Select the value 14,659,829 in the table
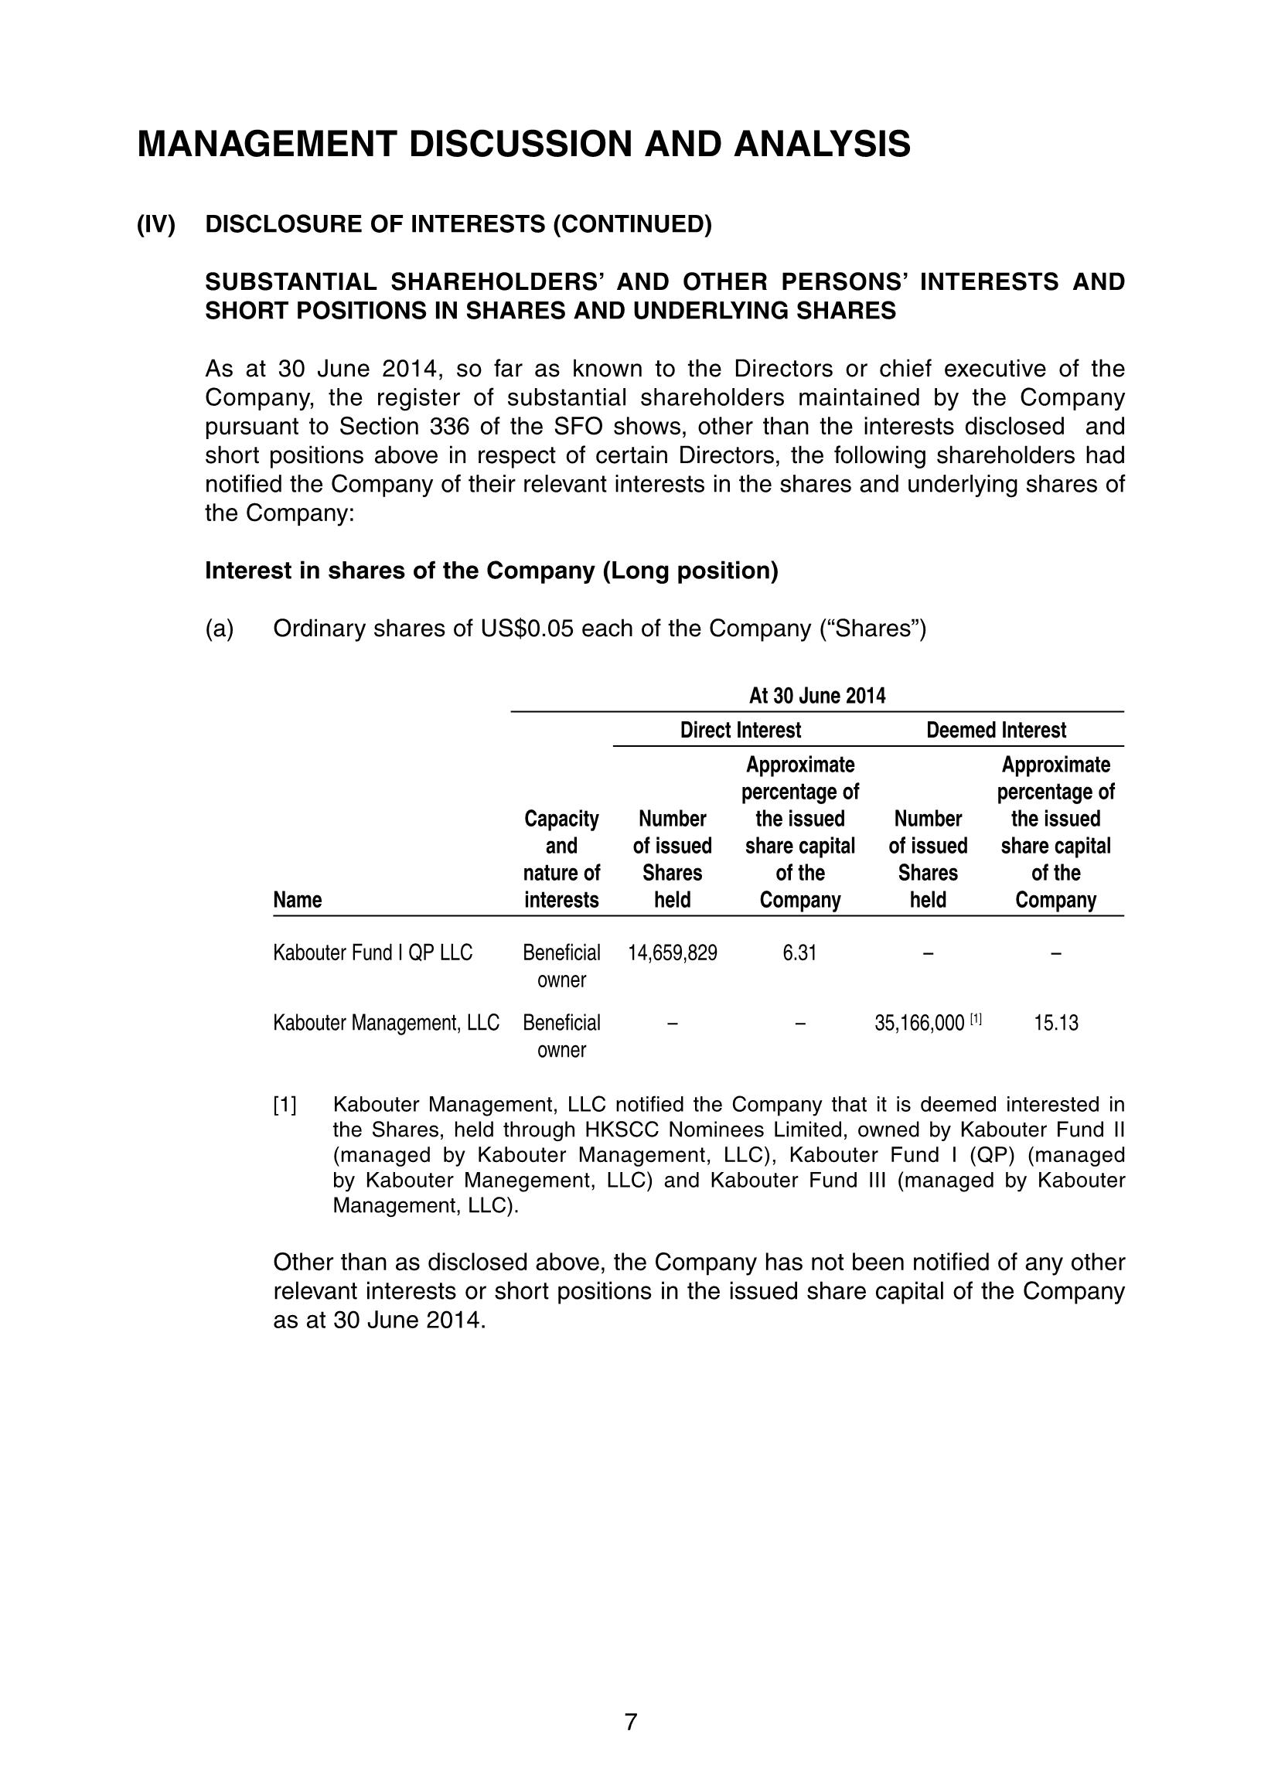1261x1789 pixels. point(673,953)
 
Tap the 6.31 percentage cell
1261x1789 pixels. point(799,953)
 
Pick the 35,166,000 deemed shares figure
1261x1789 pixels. point(918,1023)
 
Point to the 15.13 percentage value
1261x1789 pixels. point(1055,1023)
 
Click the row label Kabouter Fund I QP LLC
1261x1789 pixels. point(373,953)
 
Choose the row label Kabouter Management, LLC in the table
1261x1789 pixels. point(386,1023)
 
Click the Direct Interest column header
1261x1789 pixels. point(741,730)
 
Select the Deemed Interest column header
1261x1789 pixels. point(995,730)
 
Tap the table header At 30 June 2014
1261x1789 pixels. point(816,696)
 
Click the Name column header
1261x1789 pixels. point(297,901)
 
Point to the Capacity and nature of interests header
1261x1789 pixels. point(561,860)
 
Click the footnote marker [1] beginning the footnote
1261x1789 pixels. point(285,1105)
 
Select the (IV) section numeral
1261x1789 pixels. point(156,224)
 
